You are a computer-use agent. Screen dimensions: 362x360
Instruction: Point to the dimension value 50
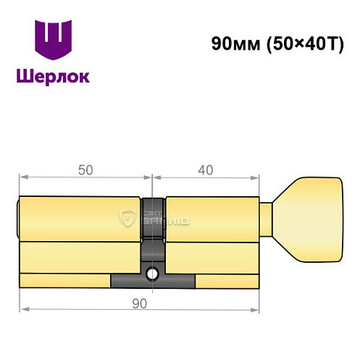(85, 170)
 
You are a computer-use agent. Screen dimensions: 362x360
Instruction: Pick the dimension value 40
(204, 170)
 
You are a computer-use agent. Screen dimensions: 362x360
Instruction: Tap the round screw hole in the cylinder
(153, 274)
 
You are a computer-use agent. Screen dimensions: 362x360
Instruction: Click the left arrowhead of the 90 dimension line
(22, 310)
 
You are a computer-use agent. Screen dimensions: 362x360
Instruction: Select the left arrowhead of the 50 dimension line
(22, 177)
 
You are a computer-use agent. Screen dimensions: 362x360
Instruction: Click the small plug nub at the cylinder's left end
(17, 217)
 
